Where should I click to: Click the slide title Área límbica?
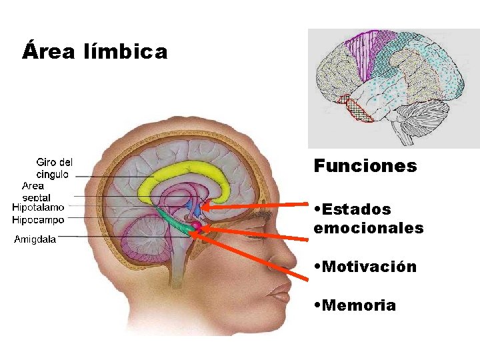tap(94, 51)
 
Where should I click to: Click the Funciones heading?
tap(365, 166)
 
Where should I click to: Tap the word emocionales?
tap(368, 228)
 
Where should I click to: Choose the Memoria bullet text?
tap(358, 305)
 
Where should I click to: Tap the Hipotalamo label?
tap(38, 207)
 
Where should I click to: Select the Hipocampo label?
tap(38, 220)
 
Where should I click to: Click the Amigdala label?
tap(35, 239)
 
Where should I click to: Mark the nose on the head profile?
tap(288, 257)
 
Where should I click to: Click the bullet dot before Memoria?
tap(317, 306)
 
